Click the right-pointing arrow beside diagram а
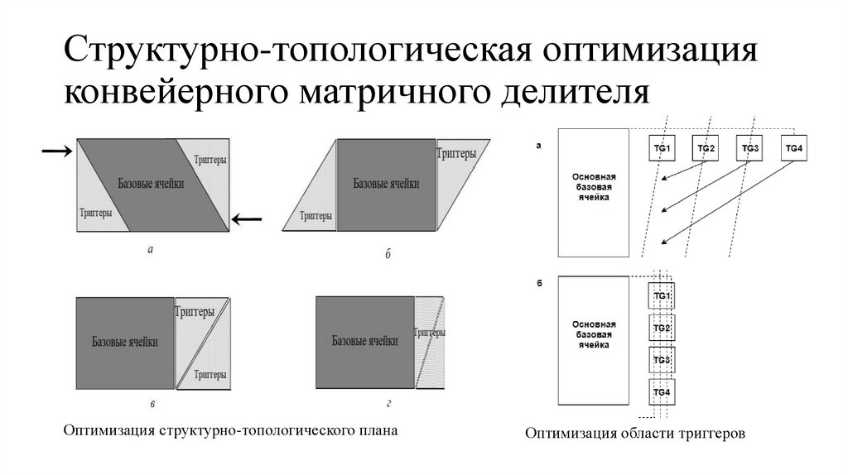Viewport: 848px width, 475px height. tap(55, 151)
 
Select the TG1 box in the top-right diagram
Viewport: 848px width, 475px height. tap(662, 149)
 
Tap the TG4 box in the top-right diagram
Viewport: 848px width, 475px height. tap(793, 149)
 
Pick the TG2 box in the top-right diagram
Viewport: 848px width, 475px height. tap(706, 149)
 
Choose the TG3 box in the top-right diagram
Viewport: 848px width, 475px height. tap(750, 149)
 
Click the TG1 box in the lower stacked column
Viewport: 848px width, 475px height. tap(661, 296)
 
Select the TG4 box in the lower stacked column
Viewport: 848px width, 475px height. tap(661, 391)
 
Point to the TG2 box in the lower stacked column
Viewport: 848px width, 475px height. tap(661, 329)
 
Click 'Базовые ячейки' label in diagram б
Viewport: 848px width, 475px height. tap(385, 184)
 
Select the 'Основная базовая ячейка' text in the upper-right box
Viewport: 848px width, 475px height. tap(592, 187)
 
